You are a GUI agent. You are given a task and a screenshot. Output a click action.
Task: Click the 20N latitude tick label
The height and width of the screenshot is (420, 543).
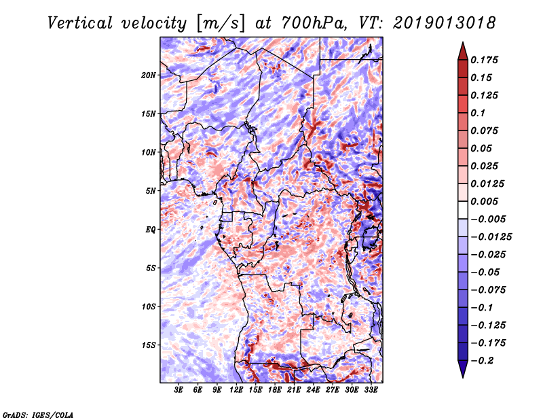tap(149, 75)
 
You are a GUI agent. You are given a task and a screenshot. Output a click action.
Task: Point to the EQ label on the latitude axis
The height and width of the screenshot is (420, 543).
tap(150, 230)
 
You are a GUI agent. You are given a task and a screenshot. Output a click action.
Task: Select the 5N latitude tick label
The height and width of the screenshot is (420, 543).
tap(151, 191)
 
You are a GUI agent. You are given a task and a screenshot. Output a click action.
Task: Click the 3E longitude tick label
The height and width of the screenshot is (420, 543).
tap(179, 389)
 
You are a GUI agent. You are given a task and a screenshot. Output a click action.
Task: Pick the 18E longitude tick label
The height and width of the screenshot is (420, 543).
tap(275, 389)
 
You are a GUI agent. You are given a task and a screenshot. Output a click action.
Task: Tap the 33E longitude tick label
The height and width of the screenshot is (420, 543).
tap(371, 389)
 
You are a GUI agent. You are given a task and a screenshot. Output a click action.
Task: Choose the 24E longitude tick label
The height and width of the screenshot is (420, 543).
tap(313, 389)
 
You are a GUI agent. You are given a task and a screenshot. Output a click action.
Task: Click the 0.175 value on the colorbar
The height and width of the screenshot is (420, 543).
tap(484, 60)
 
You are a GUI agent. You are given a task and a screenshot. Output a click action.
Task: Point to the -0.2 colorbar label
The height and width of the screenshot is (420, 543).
tap(482, 361)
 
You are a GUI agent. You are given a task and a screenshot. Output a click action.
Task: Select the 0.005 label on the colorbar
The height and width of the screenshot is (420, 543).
tap(484, 201)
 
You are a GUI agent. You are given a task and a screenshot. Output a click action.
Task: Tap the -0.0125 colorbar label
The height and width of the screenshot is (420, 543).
tap(491, 237)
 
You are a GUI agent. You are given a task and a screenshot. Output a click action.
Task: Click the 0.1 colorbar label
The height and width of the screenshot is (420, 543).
tap(478, 113)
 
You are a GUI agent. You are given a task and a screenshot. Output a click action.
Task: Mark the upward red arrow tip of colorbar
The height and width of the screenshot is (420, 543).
tap(463, 42)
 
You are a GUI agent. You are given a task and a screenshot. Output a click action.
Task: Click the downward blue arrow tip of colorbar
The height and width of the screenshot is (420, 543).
tap(463, 377)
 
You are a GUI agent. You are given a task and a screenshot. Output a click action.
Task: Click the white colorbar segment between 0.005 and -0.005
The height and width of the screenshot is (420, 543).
tap(463, 210)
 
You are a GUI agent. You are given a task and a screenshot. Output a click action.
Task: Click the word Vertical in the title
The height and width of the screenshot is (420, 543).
tap(80, 23)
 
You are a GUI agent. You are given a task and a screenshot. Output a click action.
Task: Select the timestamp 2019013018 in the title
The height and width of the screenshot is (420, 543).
tap(445, 23)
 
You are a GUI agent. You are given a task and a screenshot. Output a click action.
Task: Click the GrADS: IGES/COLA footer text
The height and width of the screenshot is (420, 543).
tap(38, 415)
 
